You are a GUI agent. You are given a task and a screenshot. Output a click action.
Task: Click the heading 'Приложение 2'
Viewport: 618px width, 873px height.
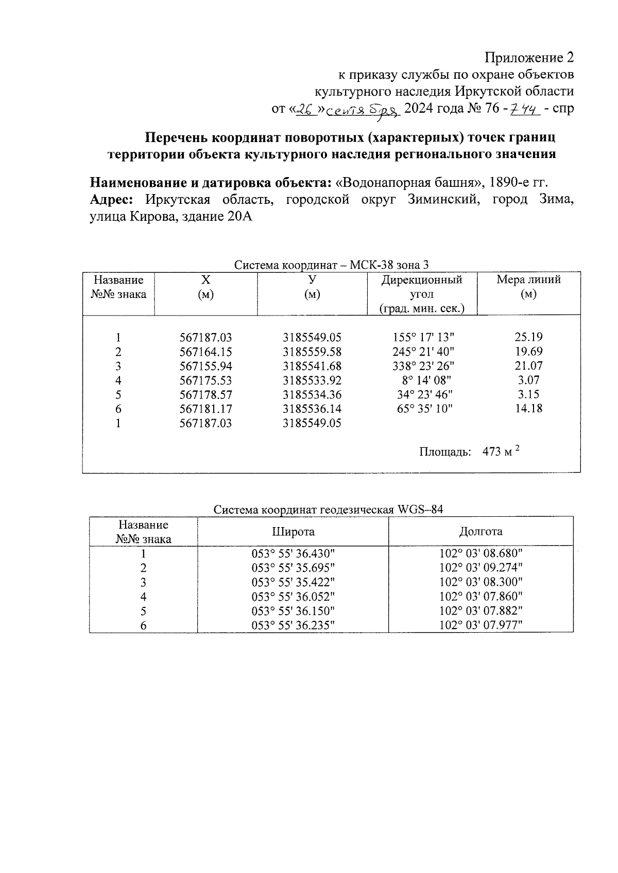(x=530, y=57)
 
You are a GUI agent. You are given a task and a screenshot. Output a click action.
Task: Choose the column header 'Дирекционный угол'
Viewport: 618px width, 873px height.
(x=421, y=287)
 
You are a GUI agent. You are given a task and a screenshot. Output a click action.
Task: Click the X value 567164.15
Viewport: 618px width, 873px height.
(x=205, y=352)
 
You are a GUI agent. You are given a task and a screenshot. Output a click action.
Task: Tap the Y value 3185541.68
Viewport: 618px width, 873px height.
(x=312, y=366)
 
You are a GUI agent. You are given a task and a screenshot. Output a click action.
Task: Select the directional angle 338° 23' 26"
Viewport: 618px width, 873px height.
(x=421, y=366)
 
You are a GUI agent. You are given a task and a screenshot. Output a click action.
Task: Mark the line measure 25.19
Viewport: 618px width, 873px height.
(x=528, y=338)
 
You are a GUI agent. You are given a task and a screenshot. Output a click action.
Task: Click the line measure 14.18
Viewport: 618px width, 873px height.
(x=528, y=409)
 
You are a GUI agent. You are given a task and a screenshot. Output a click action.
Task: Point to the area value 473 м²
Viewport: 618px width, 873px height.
(x=501, y=452)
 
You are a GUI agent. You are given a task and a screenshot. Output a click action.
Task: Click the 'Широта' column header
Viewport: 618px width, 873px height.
(x=293, y=532)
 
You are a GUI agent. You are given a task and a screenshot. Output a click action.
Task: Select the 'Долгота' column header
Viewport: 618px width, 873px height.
(x=480, y=532)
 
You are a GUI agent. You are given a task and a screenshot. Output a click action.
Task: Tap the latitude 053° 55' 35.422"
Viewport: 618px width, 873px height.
(x=293, y=582)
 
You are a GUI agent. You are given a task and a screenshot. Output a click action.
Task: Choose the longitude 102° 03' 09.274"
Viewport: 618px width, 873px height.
(x=481, y=568)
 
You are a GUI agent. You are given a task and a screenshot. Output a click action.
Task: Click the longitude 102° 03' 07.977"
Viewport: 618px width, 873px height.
(x=481, y=625)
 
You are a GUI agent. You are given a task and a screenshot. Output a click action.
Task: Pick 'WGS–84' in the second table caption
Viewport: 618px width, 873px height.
(x=420, y=510)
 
